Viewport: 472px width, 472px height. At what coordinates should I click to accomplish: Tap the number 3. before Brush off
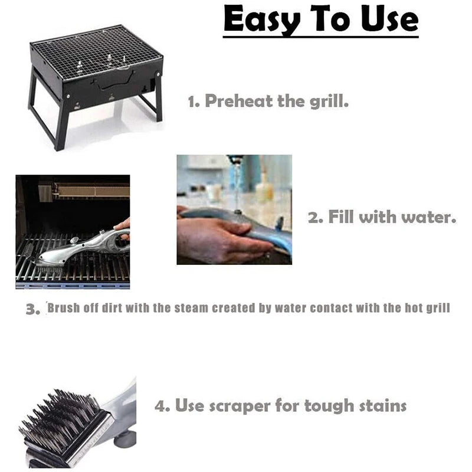point(32,309)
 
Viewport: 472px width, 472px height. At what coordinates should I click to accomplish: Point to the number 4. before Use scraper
point(163,406)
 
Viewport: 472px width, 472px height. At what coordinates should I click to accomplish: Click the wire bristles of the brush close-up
point(59,419)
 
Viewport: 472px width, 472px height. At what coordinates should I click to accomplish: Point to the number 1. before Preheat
point(193,101)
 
